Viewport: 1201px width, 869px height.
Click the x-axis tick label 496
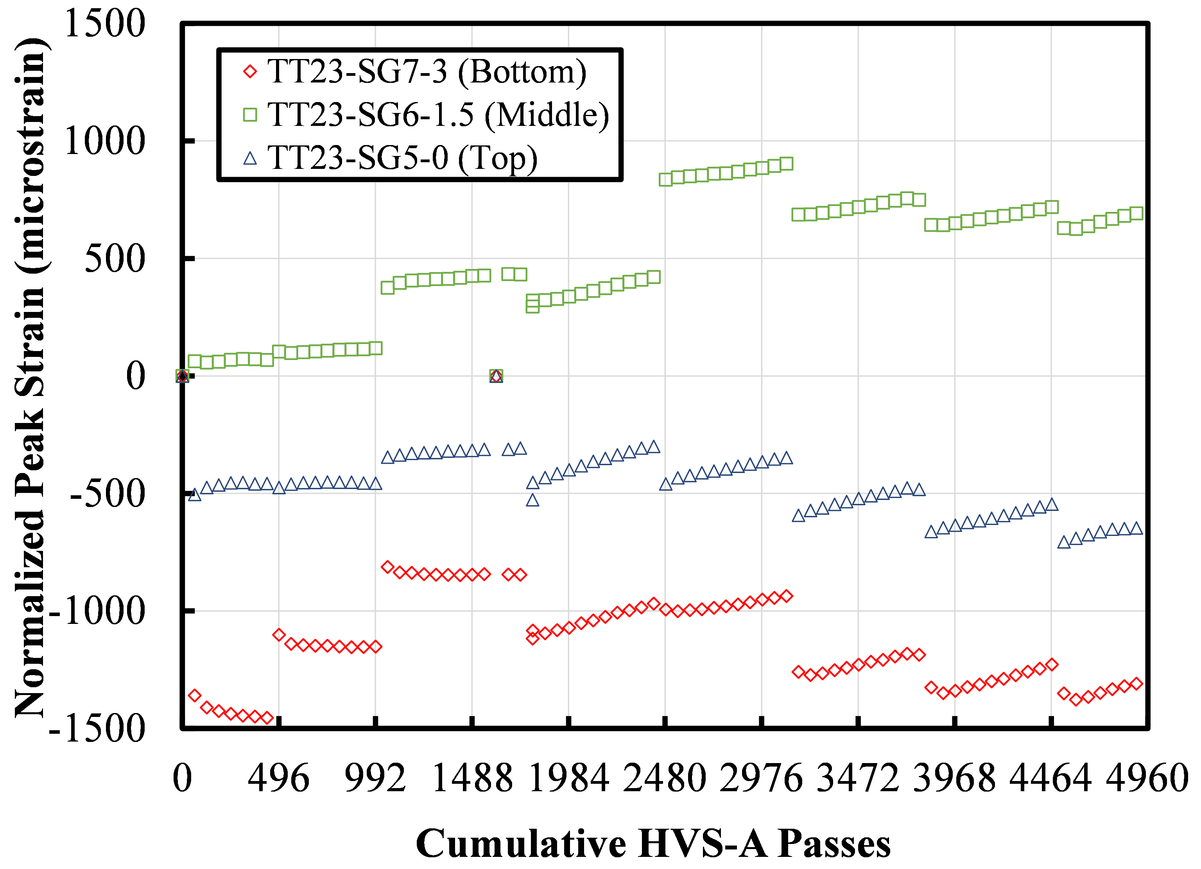click(278, 779)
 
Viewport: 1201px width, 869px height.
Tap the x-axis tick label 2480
click(665, 779)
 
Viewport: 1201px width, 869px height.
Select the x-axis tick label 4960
click(1147, 779)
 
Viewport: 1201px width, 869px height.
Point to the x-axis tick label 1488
click(472, 779)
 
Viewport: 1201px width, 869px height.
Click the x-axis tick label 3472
click(858, 779)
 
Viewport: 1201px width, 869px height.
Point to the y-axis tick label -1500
click(97, 729)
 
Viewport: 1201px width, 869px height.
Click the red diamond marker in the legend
click(250, 72)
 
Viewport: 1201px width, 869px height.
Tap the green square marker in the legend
click(250, 115)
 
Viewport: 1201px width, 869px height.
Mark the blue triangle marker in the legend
click(250, 158)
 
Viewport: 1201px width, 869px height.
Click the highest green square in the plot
click(786, 164)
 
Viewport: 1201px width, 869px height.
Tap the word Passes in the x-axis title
click(834, 844)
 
